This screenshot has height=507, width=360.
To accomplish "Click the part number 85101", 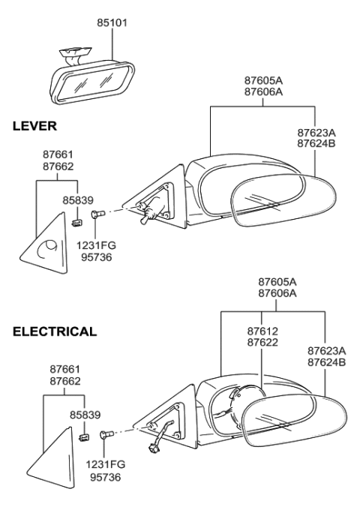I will pyautogui.click(x=112, y=23).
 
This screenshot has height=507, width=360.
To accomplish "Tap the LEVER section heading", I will pyautogui.click(x=34, y=127).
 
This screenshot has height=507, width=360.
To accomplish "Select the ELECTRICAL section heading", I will pyautogui.click(x=55, y=331).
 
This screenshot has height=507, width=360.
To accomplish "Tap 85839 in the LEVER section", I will pyautogui.click(x=80, y=201).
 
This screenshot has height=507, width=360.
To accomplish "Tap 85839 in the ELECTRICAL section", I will pyautogui.click(x=85, y=414).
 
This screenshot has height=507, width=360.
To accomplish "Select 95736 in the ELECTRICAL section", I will pyautogui.click(x=107, y=475).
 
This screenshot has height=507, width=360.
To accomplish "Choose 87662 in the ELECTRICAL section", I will pyautogui.click(x=65, y=380).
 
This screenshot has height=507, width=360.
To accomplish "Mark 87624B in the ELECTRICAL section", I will pyautogui.click(x=326, y=361).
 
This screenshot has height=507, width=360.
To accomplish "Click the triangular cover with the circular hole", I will pyautogui.click(x=43, y=238).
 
